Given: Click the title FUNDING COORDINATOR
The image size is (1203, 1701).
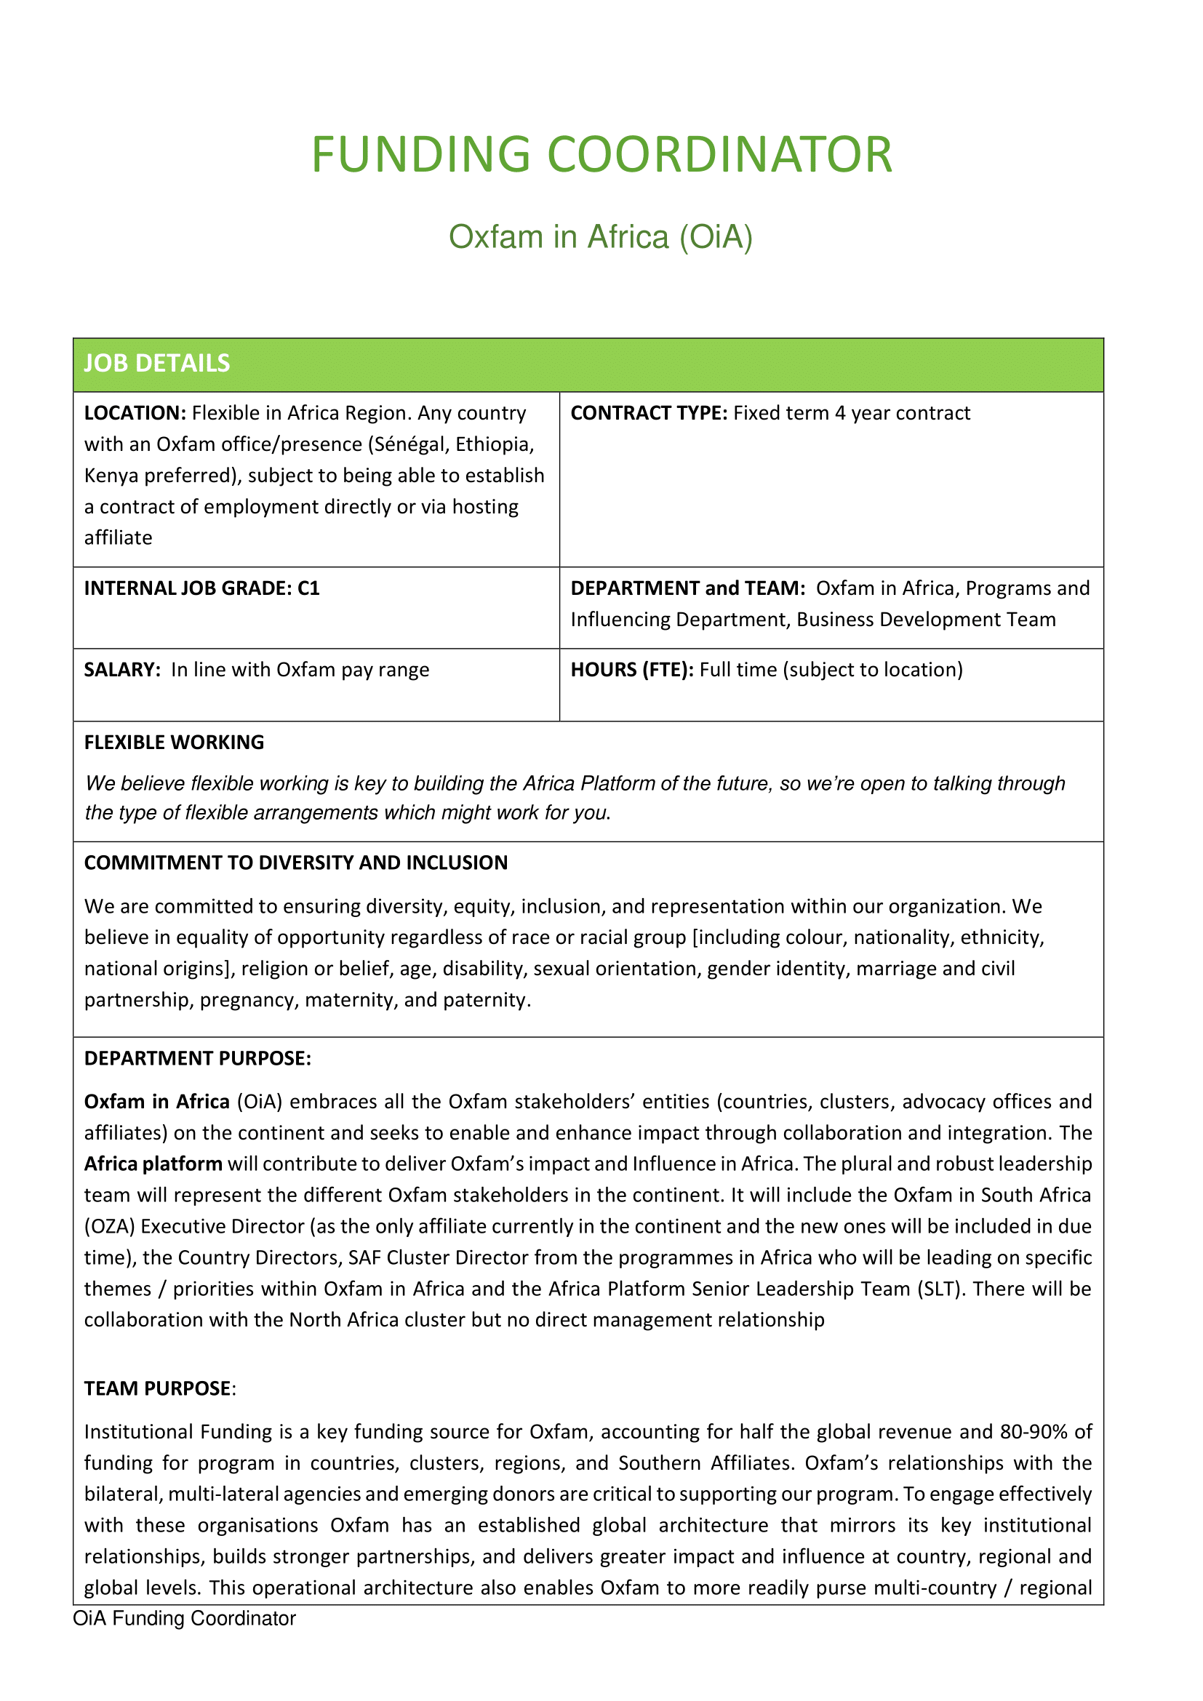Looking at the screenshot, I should click(601, 155).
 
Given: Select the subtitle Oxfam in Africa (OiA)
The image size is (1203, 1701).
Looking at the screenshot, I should click(601, 237).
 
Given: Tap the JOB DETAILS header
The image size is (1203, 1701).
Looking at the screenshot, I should click(157, 364).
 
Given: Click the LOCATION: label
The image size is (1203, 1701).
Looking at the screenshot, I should click(135, 413).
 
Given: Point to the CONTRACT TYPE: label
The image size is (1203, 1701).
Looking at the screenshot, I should click(649, 413).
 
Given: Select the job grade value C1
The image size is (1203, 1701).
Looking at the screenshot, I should click(308, 588).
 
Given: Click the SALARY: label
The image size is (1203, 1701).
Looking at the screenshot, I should click(122, 670).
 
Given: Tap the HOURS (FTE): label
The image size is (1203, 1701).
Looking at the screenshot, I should click(632, 670).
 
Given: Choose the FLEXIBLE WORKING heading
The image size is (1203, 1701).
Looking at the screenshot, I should click(174, 743).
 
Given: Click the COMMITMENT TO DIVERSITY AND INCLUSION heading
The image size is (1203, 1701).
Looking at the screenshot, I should click(295, 863).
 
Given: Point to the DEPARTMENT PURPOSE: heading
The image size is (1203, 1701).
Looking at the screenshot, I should click(198, 1059).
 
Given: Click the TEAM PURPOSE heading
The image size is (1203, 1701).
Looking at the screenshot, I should click(158, 1388).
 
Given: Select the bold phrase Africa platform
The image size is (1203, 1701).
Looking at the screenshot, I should click(153, 1164).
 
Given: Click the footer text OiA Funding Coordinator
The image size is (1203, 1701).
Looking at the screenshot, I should click(185, 1619).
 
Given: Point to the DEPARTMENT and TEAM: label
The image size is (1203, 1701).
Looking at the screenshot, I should click(687, 588).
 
